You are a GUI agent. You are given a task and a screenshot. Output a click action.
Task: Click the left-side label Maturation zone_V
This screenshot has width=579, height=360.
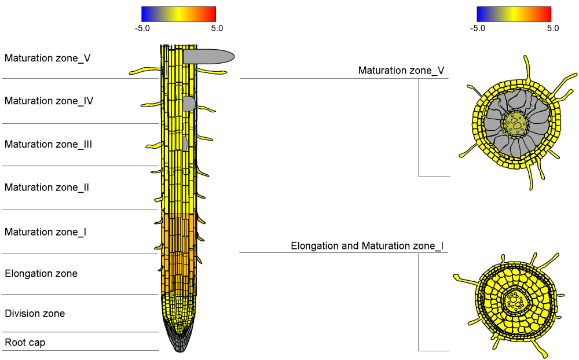point(47,58)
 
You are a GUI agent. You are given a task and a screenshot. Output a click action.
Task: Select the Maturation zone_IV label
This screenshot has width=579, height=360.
point(49,101)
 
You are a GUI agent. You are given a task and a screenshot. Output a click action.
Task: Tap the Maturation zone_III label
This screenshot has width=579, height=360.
point(49,144)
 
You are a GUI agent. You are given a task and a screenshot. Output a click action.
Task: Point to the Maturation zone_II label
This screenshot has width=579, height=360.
point(47,188)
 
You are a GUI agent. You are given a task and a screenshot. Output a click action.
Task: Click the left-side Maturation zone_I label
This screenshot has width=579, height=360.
point(46,232)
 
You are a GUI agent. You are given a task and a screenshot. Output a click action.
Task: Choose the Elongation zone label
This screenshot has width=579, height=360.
point(41,273)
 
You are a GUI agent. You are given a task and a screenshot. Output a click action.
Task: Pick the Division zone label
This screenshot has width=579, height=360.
point(35,314)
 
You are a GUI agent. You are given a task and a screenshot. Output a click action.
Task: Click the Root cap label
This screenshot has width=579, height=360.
point(25,343)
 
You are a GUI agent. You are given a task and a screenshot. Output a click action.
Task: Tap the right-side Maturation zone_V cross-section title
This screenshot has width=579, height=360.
point(401,71)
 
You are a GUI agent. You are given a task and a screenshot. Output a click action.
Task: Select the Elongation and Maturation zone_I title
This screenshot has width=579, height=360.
point(367,246)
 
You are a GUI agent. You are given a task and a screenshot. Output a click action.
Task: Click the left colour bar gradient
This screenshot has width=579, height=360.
point(178,14)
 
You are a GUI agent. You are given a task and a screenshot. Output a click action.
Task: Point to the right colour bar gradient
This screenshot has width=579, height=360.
point(514,14)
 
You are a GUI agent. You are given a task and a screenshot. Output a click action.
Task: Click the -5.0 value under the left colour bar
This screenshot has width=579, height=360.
point(142,28)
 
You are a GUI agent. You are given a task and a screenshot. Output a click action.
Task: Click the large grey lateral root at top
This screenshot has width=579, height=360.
point(208,56)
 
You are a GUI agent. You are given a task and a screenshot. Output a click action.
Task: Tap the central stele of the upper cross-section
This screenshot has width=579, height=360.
point(515,122)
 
